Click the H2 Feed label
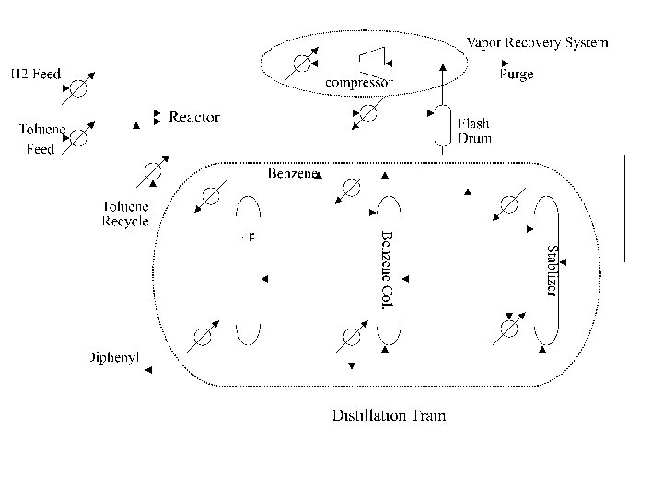[x=36, y=74]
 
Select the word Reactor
[x=194, y=117]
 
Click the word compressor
[x=360, y=83]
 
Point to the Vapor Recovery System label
[x=537, y=42]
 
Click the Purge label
[x=517, y=75]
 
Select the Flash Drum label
[x=474, y=131]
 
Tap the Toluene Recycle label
[x=124, y=214]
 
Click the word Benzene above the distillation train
[x=293, y=173]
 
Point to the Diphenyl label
[x=111, y=357]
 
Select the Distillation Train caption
[x=389, y=415]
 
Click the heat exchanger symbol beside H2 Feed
[x=79, y=86]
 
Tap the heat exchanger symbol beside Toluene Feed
[x=79, y=137]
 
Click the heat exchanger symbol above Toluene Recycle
[x=151, y=173]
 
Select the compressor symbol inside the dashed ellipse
[x=374, y=60]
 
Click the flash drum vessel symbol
[x=442, y=131]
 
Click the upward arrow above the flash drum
[x=442, y=83]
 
